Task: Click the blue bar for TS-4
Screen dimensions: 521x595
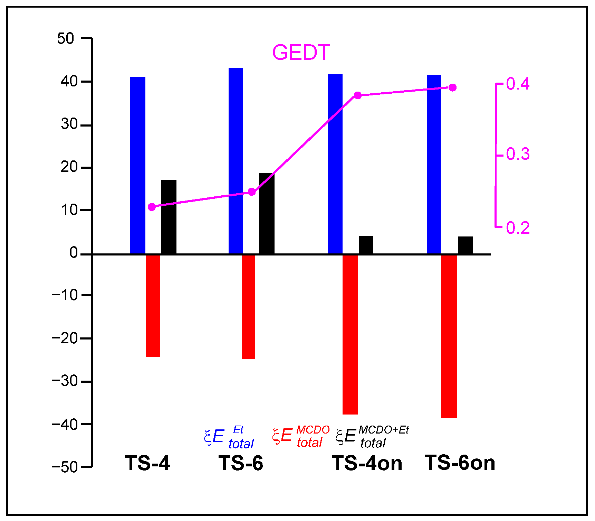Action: pyautogui.click(x=137, y=166)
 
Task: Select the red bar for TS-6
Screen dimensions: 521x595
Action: pyautogui.click(x=248, y=307)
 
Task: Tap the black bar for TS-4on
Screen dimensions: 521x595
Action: pyautogui.click(x=366, y=245)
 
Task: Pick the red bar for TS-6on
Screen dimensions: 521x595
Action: pyautogui.click(x=449, y=336)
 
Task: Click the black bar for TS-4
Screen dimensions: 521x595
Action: pyautogui.click(x=169, y=217)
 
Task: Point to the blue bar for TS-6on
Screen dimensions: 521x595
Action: pyautogui.click(x=434, y=165)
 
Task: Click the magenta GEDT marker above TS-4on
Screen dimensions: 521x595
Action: pyautogui.click(x=358, y=95)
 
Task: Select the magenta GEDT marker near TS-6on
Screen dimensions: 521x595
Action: pyautogui.click(x=452, y=87)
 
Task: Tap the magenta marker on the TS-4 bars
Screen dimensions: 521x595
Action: pyautogui.click(x=152, y=207)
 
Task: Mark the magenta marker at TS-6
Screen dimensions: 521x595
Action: pyautogui.click(x=252, y=192)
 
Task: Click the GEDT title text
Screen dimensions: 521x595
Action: pyautogui.click(x=301, y=53)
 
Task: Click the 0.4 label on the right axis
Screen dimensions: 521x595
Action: pyautogui.click(x=518, y=84)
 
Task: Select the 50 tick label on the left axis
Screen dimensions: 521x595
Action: pyautogui.click(x=66, y=38)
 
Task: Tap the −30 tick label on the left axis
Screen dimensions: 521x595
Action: pyautogui.click(x=65, y=381)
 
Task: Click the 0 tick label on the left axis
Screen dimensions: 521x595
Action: pyautogui.click(x=74, y=253)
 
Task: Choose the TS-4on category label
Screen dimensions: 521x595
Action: pyautogui.click(x=367, y=463)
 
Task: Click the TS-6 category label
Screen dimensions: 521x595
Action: pyautogui.click(x=241, y=463)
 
